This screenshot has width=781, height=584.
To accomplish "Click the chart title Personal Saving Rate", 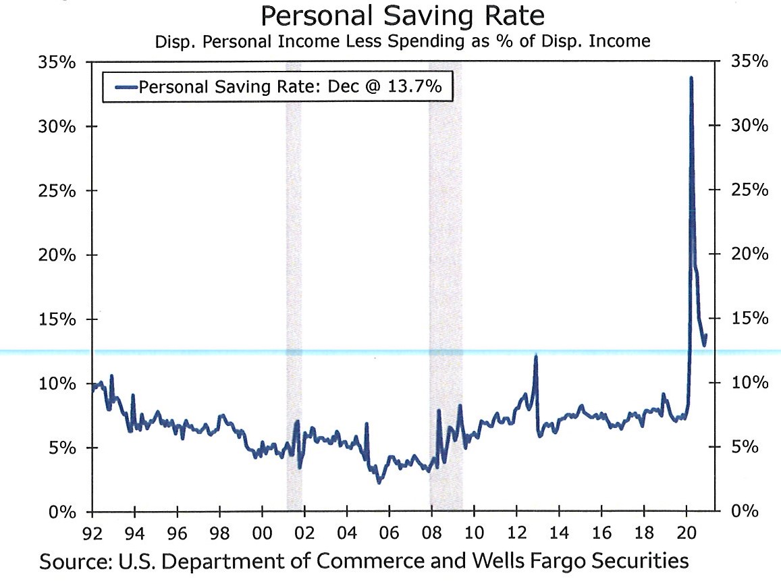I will (402, 16).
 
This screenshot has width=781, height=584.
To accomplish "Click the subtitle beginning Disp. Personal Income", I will (402, 42).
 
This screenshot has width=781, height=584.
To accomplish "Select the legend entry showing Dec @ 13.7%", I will (277, 86).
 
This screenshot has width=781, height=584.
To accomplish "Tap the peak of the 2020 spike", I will (691, 78).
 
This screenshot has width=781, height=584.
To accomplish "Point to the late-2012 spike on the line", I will (535, 356).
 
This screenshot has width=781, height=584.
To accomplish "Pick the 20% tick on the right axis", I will (749, 255).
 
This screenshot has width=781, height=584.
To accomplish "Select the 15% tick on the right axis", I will (749, 319).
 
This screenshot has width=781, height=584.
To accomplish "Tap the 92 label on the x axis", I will (92, 532).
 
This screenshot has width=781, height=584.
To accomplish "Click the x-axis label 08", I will (431, 532).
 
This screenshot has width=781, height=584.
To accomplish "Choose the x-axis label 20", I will (686, 532).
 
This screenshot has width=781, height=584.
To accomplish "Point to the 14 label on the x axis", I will (558, 532).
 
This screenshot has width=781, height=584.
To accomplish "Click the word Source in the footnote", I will (71, 562).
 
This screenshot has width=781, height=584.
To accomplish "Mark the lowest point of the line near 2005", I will (379, 482).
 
